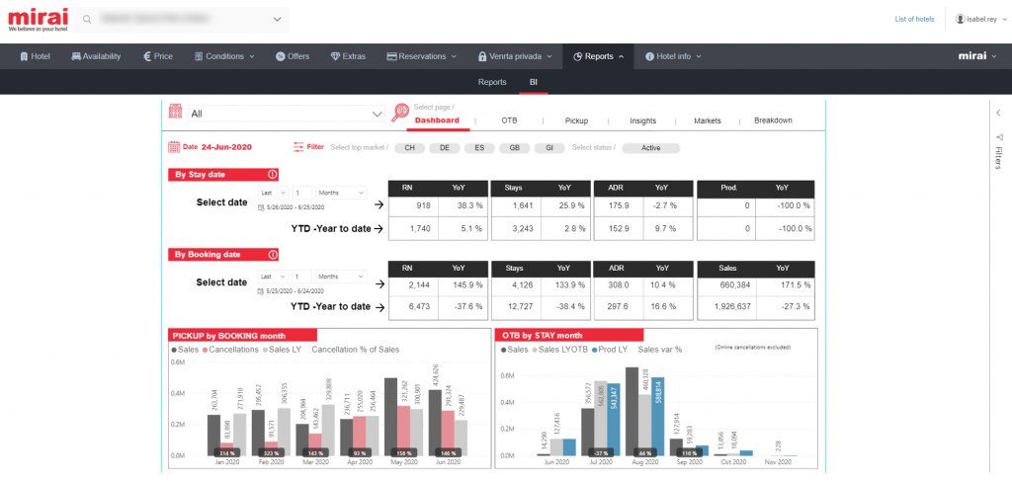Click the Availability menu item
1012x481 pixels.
pos(96,56)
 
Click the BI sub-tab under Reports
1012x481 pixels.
pos(534,82)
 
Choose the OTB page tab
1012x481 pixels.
pos(509,120)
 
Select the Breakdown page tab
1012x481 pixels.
pos(773,120)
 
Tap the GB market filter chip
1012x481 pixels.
pos(514,148)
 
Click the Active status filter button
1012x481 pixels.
pos(650,148)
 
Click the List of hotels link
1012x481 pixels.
pos(914,19)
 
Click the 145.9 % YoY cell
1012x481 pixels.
pos(462,284)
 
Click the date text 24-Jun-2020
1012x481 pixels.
pos(226,147)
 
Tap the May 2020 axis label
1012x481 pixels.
pos(404,461)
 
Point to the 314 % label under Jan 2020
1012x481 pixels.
pos(227,452)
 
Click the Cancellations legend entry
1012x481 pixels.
pos(231,349)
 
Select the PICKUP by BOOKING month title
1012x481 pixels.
pos(229,335)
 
